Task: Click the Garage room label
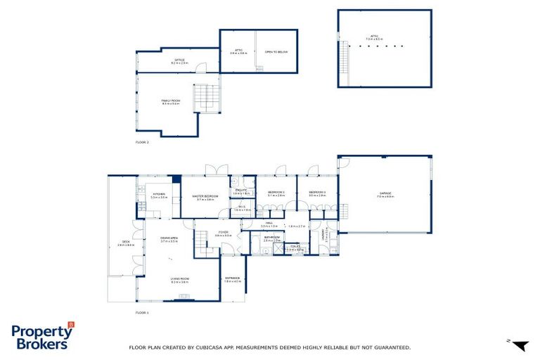[385, 194]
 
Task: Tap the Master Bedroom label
[205, 196]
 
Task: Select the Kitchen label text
[158, 195]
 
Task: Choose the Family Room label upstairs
[170, 101]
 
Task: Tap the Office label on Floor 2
[179, 60]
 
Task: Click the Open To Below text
[276, 52]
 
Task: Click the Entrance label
[232, 279]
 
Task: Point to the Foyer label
[223, 233]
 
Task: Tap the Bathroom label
[271, 238]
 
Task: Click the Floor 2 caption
[142, 142]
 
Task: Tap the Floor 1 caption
[142, 311]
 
